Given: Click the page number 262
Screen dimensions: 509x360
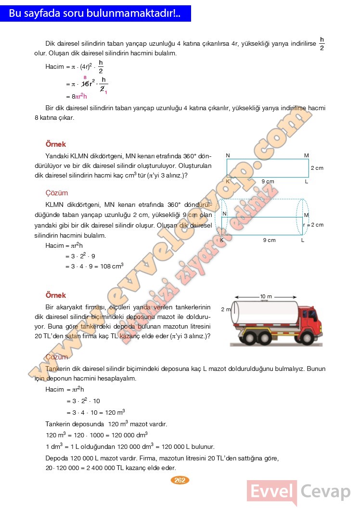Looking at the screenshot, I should [180, 480].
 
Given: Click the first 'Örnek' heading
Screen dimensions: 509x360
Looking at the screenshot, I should [55, 144].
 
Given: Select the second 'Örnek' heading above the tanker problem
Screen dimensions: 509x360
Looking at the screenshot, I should [55, 295].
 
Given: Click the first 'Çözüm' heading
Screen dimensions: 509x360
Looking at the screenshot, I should [56, 193].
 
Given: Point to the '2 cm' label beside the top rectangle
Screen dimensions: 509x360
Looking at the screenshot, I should [317, 168].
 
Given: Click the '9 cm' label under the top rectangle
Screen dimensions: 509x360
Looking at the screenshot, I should [268, 181].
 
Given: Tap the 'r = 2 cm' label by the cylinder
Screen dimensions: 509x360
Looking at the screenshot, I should [313, 225].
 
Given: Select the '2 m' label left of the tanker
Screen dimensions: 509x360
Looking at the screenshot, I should [226, 309].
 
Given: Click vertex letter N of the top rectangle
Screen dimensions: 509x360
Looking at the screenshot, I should [228, 155].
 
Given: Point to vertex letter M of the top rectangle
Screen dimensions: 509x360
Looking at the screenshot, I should [306, 155].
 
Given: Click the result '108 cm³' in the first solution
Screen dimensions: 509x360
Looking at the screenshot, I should [112, 266].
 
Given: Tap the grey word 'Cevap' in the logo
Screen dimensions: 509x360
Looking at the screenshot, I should [326, 492].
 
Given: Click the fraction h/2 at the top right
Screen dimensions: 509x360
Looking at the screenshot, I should [322, 43].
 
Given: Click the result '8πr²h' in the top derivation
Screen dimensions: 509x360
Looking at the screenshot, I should [79, 96].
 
